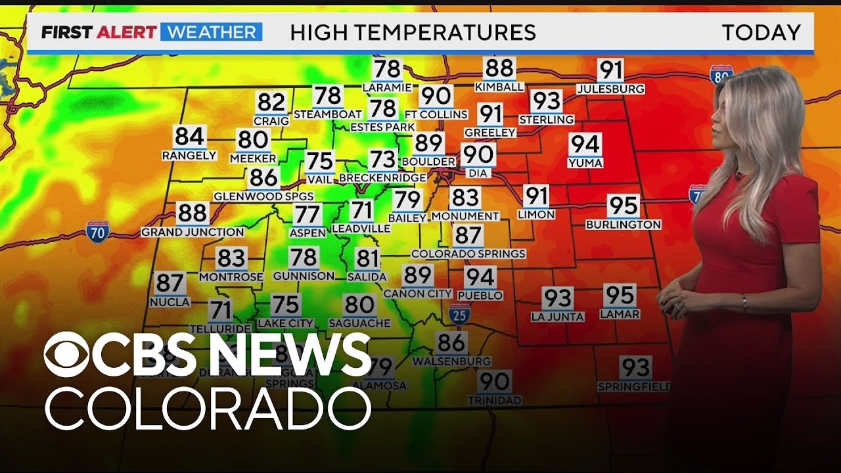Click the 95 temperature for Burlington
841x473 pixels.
623,206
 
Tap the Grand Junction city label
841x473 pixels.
193,232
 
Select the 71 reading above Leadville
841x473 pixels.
361,210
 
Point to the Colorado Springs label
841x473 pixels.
468,254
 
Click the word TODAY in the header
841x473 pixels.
761,32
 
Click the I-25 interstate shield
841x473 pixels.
460,314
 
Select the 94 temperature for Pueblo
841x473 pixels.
480,277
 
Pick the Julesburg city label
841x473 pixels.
610,89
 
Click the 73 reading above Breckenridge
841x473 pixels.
382,160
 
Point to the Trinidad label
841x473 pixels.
495,399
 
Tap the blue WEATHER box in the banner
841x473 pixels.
211,32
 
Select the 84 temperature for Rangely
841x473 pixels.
189,137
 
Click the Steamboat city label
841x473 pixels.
327,114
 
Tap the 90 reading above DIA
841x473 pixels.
478,154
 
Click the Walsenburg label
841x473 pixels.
451,361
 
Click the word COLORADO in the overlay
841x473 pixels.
208,409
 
